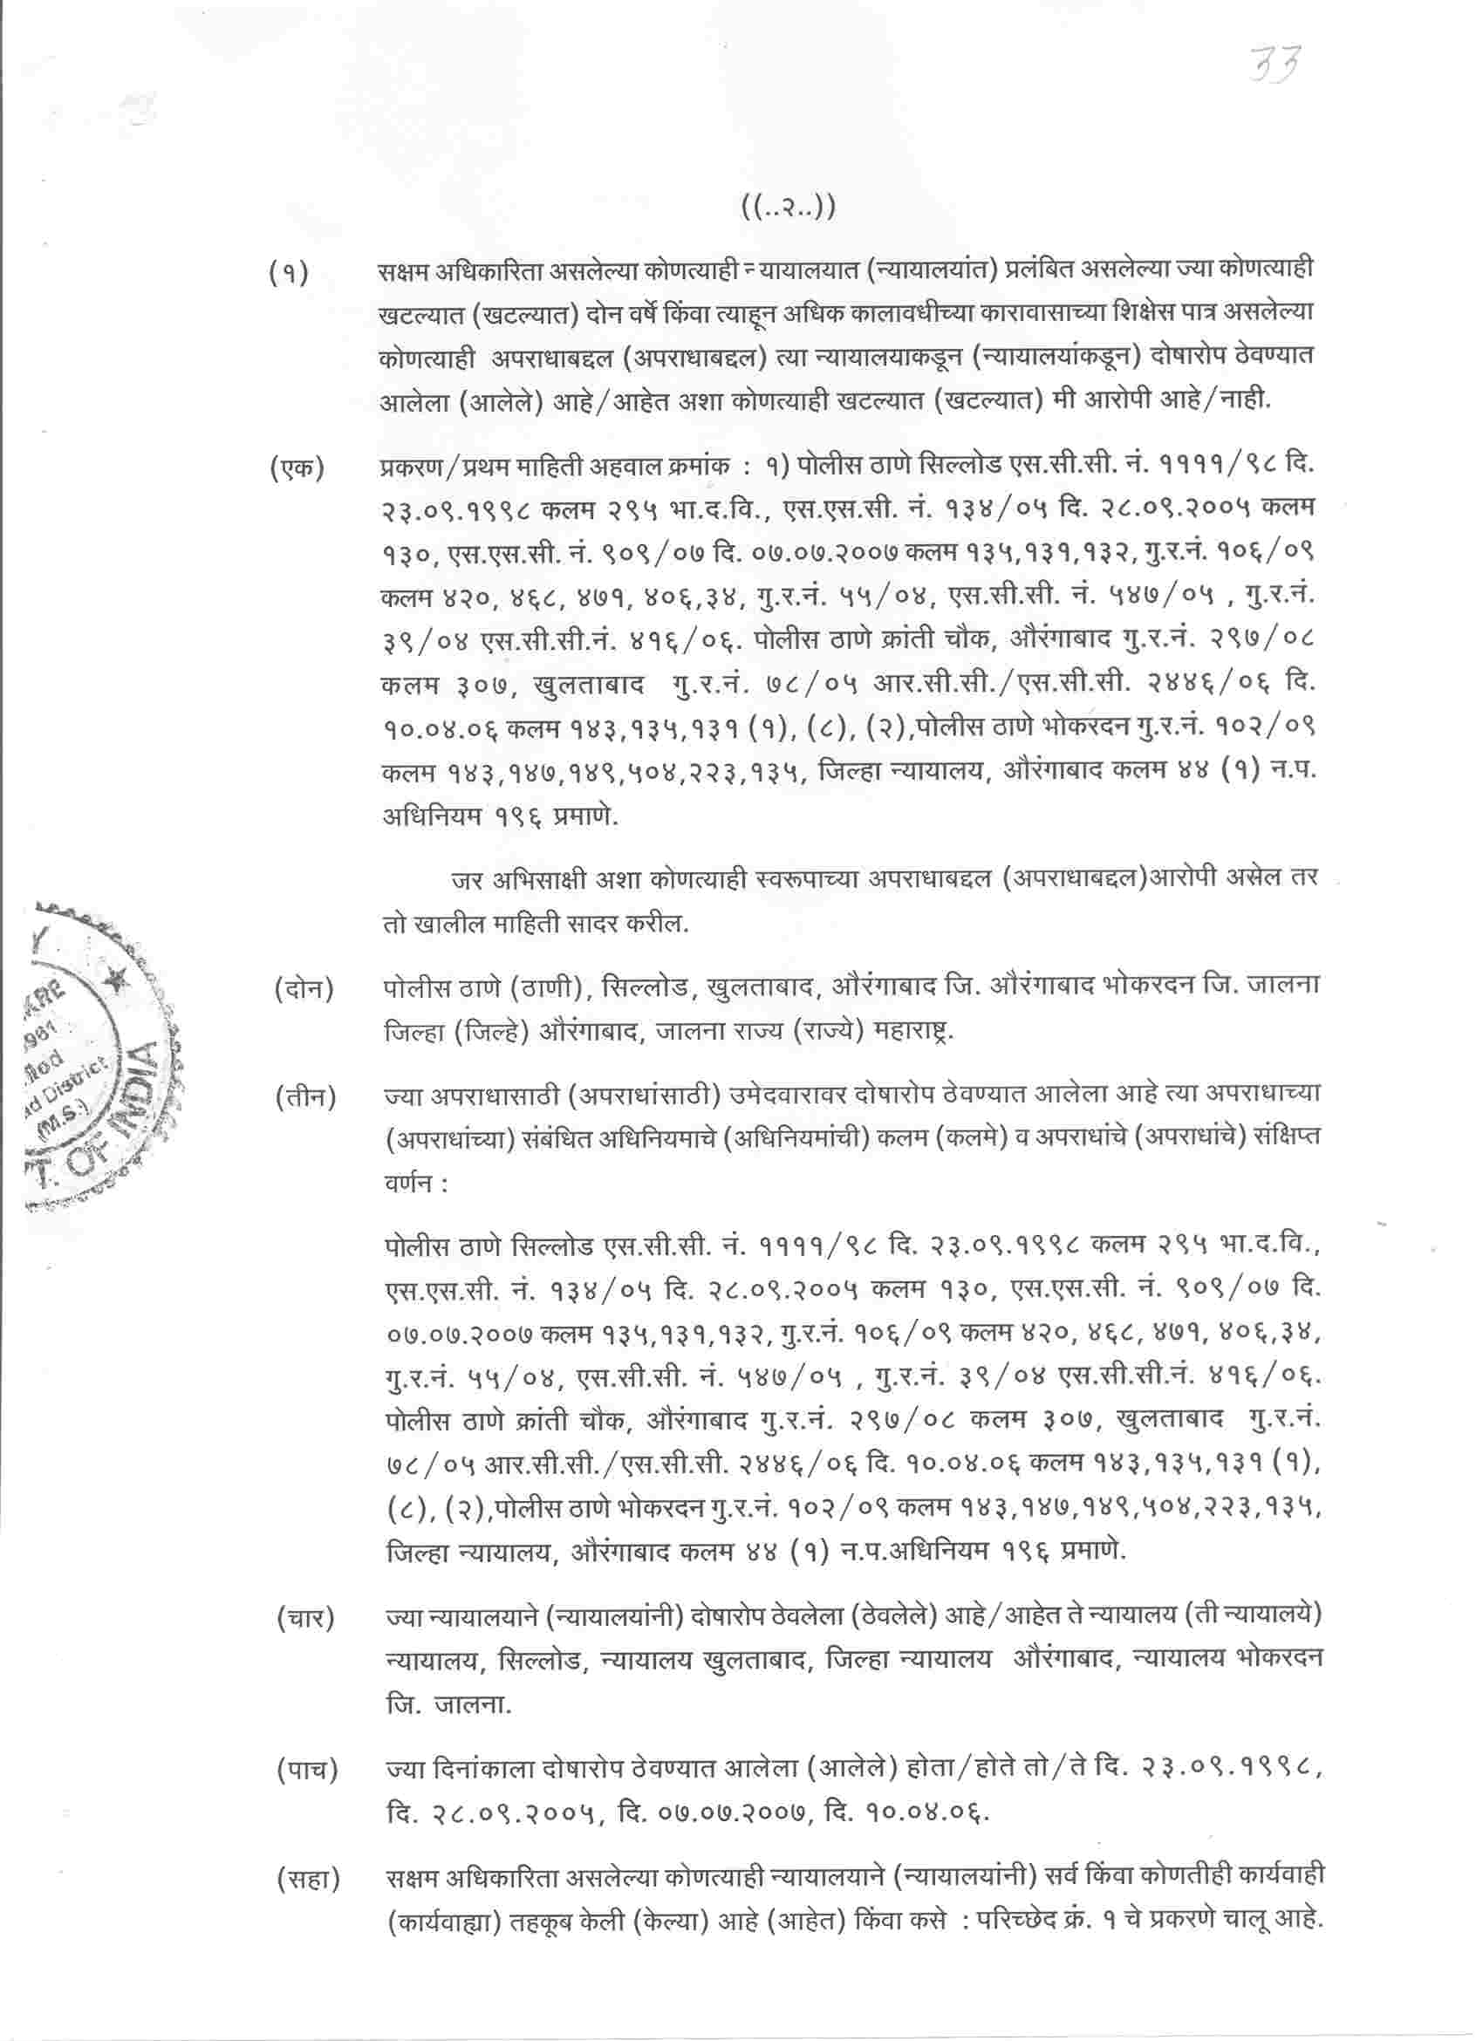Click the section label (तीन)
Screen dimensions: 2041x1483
point(305,1098)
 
